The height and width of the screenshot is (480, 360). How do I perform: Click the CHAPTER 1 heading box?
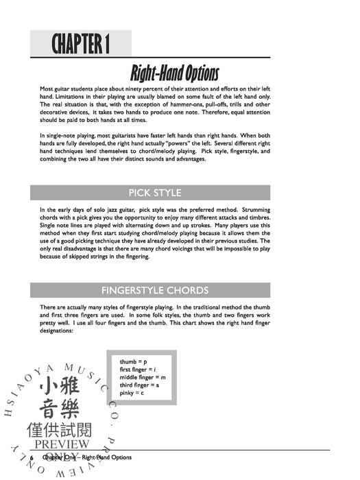[80, 45]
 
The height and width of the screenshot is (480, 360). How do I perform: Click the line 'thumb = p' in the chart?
[133, 362]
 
